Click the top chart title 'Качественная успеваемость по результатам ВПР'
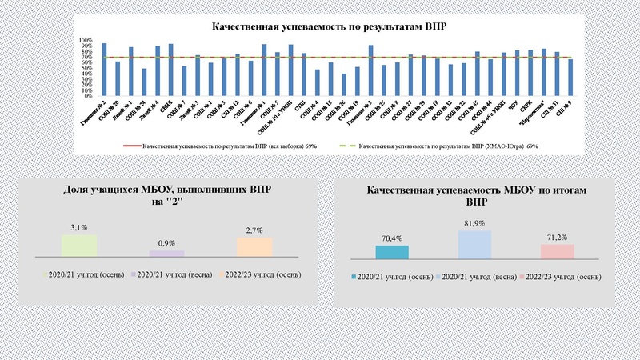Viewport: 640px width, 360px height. tap(328, 26)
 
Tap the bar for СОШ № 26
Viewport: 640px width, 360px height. tap(344, 85)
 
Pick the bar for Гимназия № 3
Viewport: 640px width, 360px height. tap(370, 70)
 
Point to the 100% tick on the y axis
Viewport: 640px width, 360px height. tap(86, 40)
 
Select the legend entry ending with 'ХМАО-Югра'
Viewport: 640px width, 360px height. tap(448, 146)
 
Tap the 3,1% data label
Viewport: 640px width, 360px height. tap(78, 228)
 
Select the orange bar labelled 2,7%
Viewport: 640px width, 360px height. tap(254, 247)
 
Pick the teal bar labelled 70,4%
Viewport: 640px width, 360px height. tap(391, 252)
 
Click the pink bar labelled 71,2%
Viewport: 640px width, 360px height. tap(557, 251)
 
